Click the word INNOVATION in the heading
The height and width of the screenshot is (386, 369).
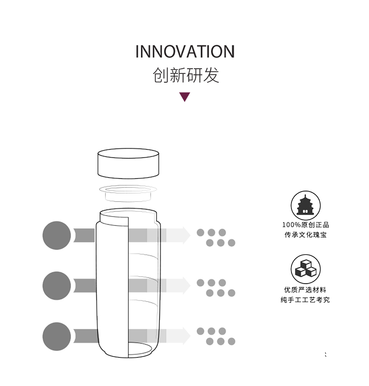(x=185, y=52)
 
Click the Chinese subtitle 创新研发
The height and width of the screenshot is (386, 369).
(x=186, y=75)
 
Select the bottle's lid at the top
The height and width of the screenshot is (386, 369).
(x=128, y=164)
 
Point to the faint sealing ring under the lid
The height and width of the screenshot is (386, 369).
(x=128, y=193)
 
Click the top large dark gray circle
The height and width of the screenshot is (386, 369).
(x=57, y=236)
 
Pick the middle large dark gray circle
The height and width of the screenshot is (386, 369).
(x=57, y=286)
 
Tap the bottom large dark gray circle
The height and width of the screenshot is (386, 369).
(x=57, y=336)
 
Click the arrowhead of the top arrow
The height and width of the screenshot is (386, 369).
(x=186, y=236)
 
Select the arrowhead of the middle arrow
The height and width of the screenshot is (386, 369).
(x=186, y=286)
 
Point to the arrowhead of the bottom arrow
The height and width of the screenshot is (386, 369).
(x=186, y=336)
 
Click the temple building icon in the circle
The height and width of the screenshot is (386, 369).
(x=305, y=205)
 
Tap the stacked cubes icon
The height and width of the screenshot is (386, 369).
(x=305, y=268)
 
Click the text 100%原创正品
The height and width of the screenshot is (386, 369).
(x=305, y=225)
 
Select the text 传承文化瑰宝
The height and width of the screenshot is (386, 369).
(x=305, y=235)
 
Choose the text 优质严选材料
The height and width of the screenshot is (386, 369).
(x=305, y=290)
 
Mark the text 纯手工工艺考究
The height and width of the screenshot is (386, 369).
(x=305, y=300)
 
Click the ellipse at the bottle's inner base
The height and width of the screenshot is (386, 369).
(x=140, y=349)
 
